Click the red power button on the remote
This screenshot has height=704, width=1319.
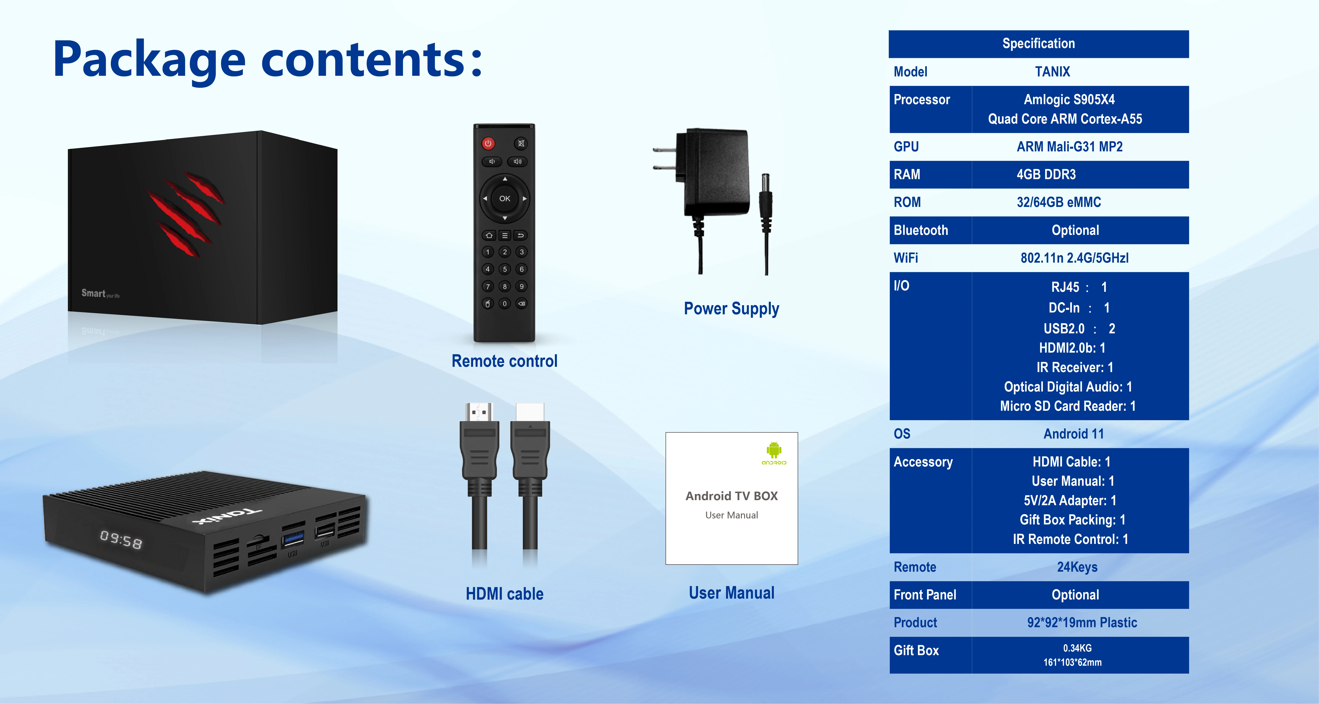(488, 143)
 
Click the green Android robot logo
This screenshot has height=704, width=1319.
(774, 450)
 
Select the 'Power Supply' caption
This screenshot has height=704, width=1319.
(731, 308)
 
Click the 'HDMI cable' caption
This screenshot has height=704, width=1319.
(504, 594)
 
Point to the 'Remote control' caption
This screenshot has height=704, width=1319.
(504, 361)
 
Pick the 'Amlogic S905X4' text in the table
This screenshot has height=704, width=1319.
(1069, 100)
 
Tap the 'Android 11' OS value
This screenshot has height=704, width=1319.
(1073, 434)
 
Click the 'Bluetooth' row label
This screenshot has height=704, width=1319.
(921, 230)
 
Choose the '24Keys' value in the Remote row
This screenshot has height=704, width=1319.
(1077, 567)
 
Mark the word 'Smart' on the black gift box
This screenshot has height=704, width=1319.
(93, 293)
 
